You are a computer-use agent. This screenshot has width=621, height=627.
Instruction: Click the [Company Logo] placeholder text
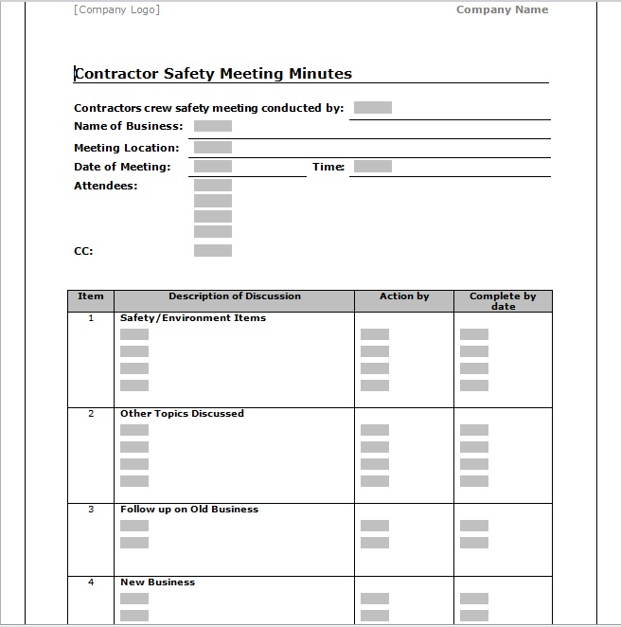tap(116, 10)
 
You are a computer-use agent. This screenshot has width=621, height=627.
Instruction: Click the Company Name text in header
tap(502, 10)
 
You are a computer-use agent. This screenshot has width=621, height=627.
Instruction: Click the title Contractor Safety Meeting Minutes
tap(213, 74)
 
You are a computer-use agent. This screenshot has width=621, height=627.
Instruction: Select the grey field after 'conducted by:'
tap(372, 108)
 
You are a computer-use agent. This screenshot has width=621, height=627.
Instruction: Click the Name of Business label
tap(128, 126)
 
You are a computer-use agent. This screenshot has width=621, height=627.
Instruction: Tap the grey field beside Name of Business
tap(212, 126)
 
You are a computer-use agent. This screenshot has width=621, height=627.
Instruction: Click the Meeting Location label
tap(126, 148)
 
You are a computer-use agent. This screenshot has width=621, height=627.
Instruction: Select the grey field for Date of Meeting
tap(212, 167)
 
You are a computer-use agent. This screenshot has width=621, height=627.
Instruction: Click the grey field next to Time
tap(372, 167)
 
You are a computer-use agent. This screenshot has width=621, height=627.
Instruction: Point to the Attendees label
tap(105, 186)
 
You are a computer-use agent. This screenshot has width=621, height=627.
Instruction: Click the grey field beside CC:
tap(212, 251)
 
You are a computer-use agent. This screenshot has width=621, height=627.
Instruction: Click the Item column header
tap(91, 296)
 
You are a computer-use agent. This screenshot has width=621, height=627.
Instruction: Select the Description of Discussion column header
tap(235, 296)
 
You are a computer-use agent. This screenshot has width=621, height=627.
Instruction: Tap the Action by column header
tap(404, 296)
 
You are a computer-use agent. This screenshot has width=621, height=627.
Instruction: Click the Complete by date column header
tap(503, 301)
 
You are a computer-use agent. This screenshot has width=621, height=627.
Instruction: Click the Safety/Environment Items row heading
tap(192, 318)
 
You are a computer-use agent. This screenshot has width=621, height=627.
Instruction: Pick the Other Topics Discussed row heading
tap(182, 414)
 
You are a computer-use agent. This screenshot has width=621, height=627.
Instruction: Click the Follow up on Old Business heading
tap(188, 510)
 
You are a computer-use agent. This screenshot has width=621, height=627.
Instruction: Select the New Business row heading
tap(157, 582)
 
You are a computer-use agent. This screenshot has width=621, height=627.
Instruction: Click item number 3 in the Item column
tap(91, 510)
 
